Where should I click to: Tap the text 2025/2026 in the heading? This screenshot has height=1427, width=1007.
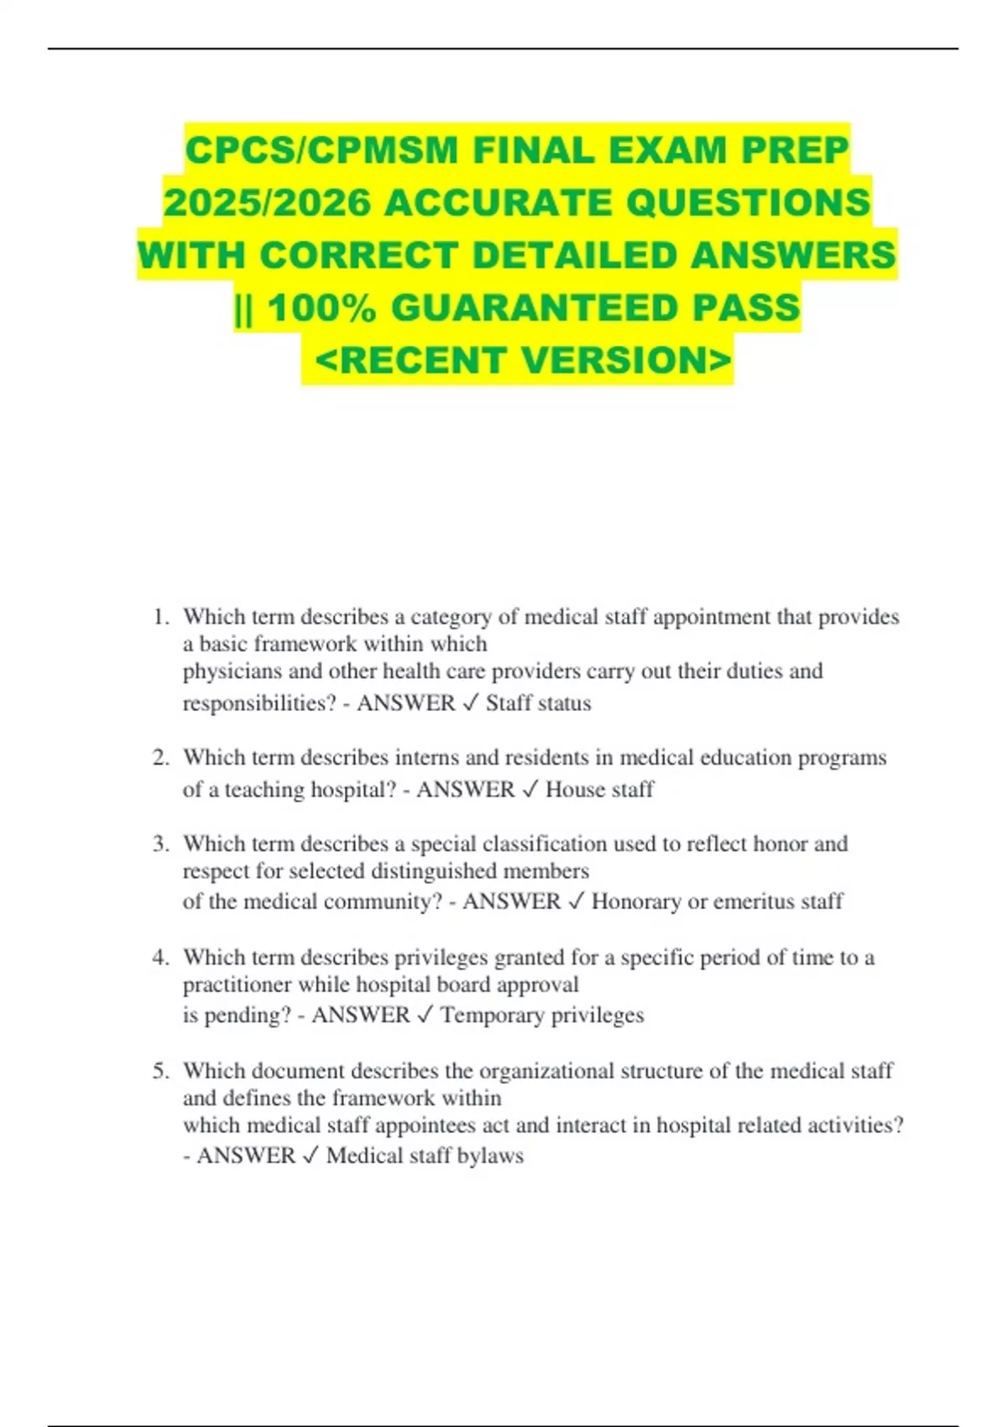coord(267,202)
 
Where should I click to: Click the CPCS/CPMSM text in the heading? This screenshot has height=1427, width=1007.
coord(322,150)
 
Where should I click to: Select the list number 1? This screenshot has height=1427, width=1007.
coord(160,617)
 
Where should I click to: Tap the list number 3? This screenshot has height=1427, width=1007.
coord(160,844)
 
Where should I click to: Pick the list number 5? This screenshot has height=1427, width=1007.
coord(160,1071)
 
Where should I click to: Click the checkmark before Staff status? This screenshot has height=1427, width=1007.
coord(470,703)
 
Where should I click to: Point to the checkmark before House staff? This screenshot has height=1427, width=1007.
coord(530,789)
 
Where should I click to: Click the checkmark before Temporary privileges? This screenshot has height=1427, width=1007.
coord(425,1015)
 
